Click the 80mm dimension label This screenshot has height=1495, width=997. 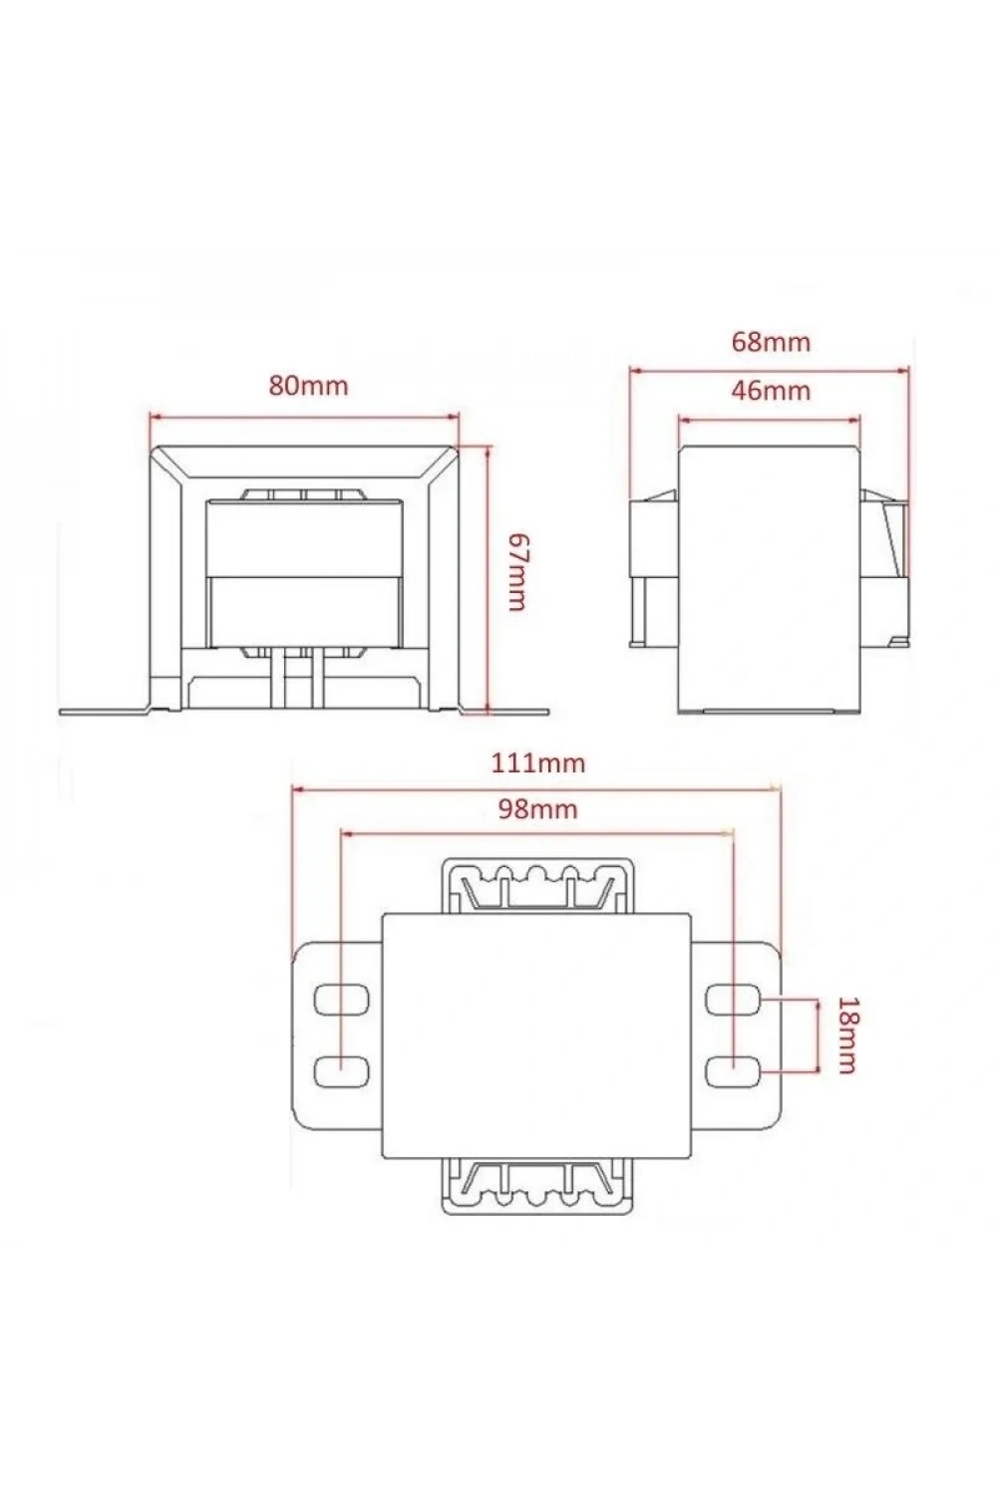[x=308, y=385]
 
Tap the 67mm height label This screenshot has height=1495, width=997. [x=516, y=572]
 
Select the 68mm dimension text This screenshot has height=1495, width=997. [x=771, y=342]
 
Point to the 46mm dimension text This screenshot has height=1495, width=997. [x=771, y=390]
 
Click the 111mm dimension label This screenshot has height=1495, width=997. [x=538, y=762]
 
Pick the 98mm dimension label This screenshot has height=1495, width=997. [x=537, y=809]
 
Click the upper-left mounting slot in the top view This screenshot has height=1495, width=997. [x=341, y=1000]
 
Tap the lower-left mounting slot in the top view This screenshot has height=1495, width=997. [x=341, y=1070]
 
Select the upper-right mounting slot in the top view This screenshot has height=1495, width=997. [x=735, y=1000]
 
